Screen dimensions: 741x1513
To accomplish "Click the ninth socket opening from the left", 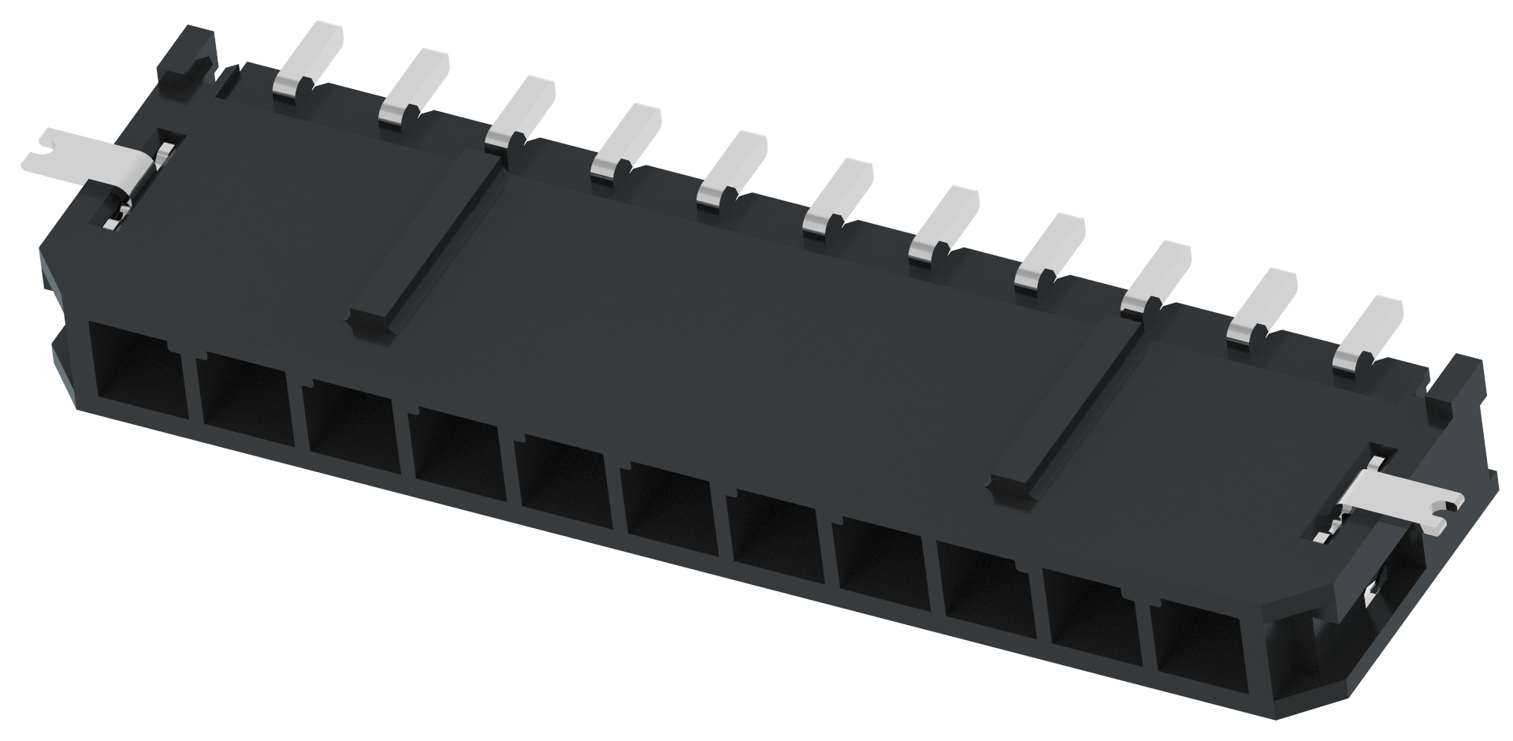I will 985,583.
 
